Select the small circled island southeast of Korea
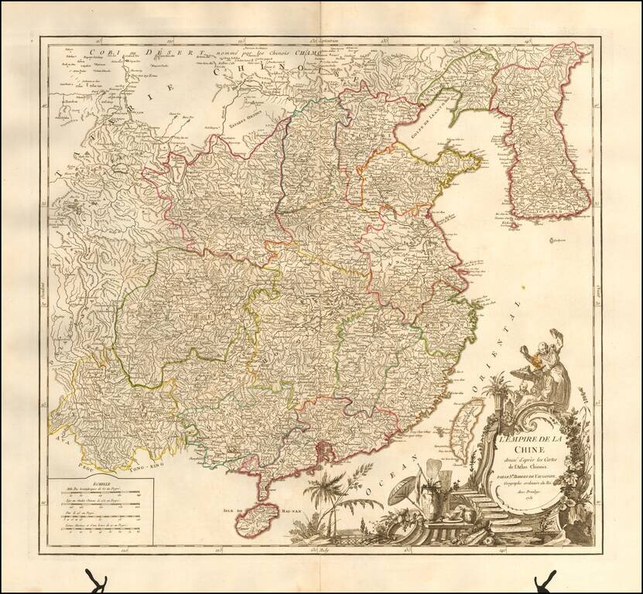pyautogui.click(x=552, y=241)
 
